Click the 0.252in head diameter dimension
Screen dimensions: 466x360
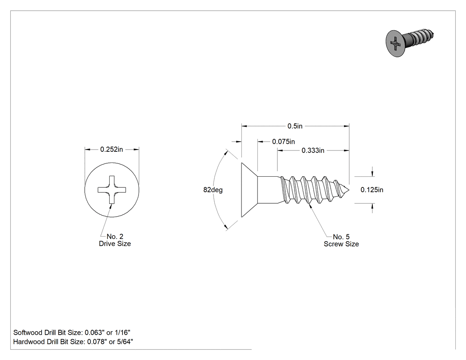(111, 149)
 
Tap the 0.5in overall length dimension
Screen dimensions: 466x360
(295, 126)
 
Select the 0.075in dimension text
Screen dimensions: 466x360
(284, 142)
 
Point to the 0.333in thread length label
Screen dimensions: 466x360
(313, 150)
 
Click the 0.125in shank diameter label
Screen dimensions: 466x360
(372, 190)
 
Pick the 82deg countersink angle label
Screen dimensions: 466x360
(213, 190)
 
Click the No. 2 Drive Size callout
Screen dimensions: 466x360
(115, 240)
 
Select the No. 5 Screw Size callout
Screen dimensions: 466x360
(341, 240)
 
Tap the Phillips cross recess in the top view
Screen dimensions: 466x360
(112, 190)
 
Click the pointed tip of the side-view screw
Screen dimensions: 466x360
(349, 190)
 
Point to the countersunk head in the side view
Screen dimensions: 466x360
(249, 190)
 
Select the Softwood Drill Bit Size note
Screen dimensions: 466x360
(71, 332)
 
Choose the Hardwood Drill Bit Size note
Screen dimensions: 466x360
(73, 341)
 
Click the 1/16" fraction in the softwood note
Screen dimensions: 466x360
(122, 332)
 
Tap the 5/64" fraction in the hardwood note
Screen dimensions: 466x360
(125, 341)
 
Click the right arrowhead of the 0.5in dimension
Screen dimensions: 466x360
(347, 126)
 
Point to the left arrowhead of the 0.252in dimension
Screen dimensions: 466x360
(87, 150)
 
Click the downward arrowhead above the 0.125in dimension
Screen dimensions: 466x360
(372, 174)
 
